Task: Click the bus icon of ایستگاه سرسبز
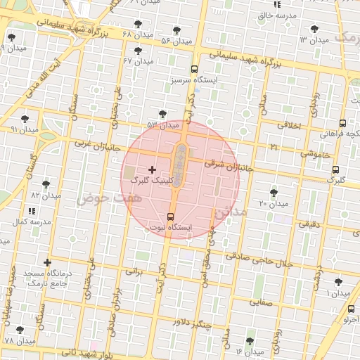(194, 69)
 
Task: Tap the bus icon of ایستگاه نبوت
(170, 217)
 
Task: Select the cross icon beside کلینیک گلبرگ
(153, 169)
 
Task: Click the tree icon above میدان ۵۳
(162, 113)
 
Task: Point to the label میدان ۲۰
(273, 204)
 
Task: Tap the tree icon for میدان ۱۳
(314, 29)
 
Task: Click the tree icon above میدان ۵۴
(175, 30)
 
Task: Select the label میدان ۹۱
(25, 129)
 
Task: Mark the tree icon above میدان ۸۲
(46, 184)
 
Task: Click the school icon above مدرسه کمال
(32, 210)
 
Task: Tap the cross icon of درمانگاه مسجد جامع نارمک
(47, 262)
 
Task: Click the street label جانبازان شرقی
(227, 164)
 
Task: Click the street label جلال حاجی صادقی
(266, 262)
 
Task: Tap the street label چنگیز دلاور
(191, 323)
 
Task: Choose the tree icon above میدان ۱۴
(250, 340)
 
